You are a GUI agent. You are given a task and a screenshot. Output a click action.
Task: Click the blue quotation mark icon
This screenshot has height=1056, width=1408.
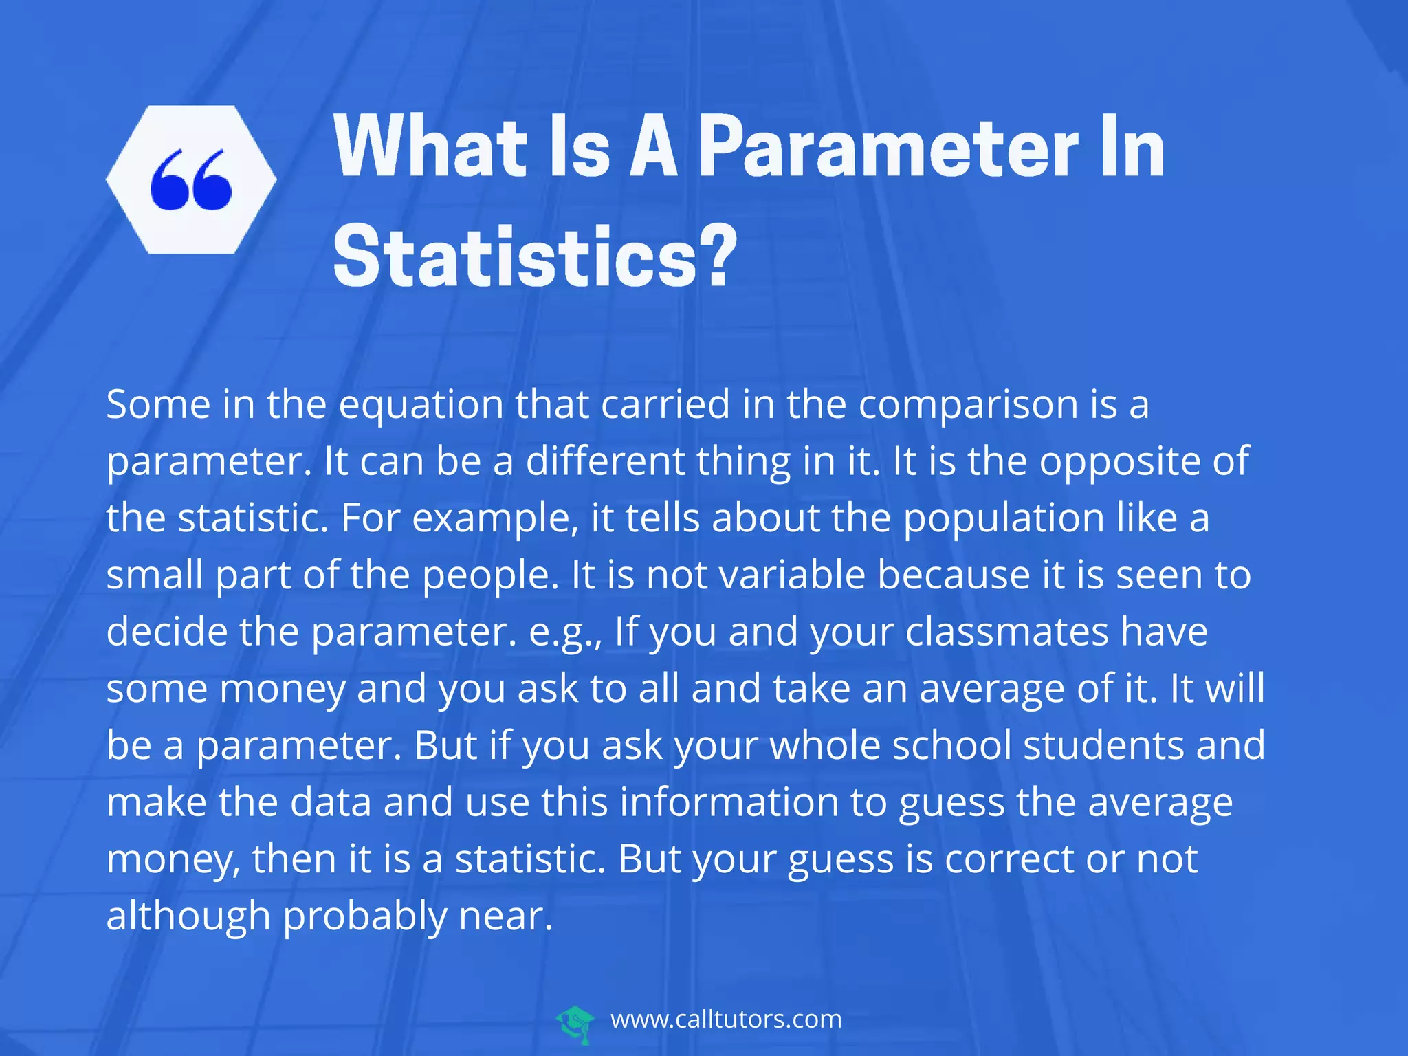tap(191, 179)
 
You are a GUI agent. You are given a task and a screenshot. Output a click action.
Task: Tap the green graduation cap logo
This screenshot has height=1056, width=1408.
tap(575, 1024)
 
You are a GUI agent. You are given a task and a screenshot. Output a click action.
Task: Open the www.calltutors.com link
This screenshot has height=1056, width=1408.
tap(726, 1019)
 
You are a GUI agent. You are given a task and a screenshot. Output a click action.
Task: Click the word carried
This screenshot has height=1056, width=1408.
tap(665, 404)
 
